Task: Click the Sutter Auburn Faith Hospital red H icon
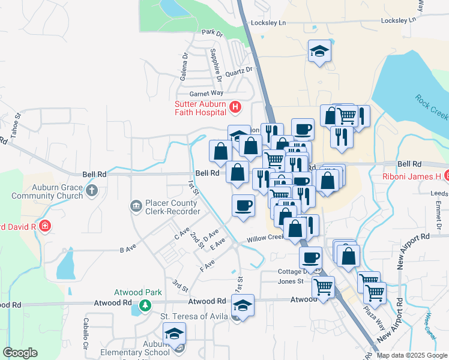(235, 107)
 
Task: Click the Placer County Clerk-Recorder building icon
(136, 207)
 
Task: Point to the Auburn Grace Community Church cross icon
(91, 191)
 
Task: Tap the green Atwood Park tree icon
(145, 305)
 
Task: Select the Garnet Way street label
(206, 93)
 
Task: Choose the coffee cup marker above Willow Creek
(243, 206)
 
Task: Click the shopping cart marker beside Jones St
(323, 288)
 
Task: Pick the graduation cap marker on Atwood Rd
(243, 306)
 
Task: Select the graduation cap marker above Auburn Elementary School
(174, 334)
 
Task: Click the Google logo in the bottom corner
(20, 353)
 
